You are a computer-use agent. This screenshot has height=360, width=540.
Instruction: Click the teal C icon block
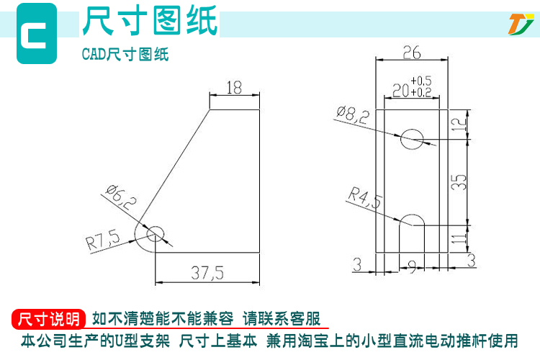[x=37, y=33]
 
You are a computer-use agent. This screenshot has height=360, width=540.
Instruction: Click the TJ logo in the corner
[x=521, y=24]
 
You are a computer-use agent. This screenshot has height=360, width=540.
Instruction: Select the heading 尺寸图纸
[x=150, y=21]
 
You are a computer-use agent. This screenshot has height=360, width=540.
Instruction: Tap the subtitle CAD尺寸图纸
[x=125, y=54]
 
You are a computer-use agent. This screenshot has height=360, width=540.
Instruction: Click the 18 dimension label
[x=234, y=88]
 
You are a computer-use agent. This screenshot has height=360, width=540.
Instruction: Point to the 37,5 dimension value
[x=207, y=273]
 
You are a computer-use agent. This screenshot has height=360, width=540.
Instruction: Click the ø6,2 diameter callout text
[x=121, y=198]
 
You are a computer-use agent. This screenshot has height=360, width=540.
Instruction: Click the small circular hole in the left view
[x=156, y=234]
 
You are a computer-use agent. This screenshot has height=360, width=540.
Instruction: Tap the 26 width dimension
[x=412, y=53]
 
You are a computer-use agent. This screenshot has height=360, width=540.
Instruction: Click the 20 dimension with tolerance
[x=412, y=87]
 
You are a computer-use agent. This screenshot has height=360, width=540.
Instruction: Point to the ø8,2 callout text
[x=353, y=114]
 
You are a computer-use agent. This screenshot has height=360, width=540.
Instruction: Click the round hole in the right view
[x=412, y=140]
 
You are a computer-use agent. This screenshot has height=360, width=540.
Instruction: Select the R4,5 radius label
[x=365, y=198]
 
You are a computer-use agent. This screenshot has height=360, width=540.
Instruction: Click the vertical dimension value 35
[x=459, y=182]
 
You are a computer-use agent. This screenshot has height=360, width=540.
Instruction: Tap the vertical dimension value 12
[x=459, y=125]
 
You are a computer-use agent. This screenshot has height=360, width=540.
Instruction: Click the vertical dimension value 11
[x=459, y=239]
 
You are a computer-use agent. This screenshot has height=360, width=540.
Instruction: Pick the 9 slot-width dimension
[x=412, y=266]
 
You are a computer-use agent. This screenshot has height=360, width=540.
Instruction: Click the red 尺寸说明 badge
[x=48, y=319]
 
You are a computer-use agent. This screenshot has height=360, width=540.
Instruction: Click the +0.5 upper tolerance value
[x=421, y=81]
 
